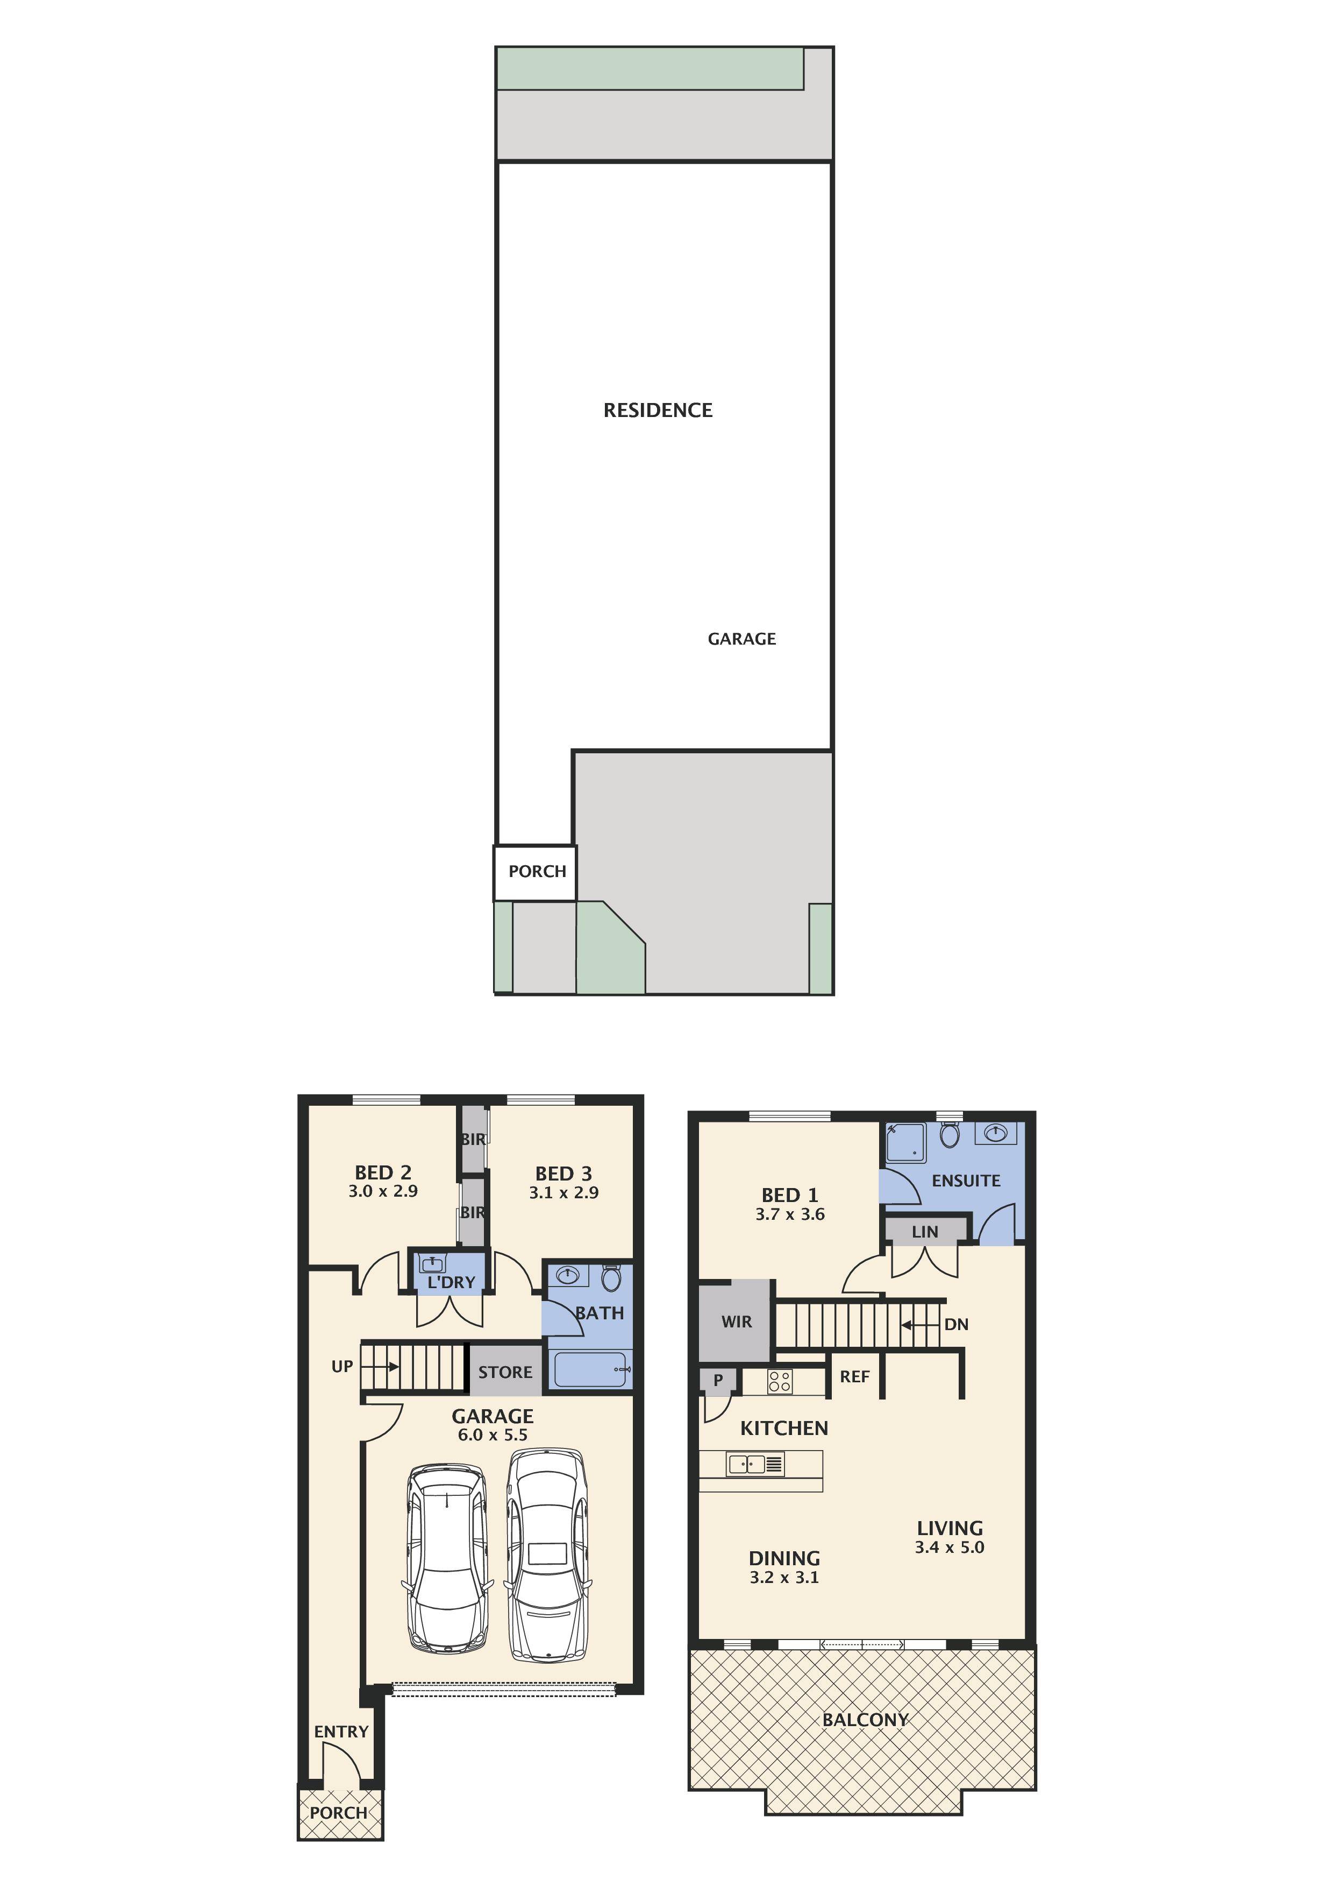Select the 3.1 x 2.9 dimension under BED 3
pyautogui.click(x=563, y=1192)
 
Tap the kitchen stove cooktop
pyautogui.click(x=780, y=1382)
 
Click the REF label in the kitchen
pyautogui.click(x=854, y=1376)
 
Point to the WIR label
pyautogui.click(x=736, y=1321)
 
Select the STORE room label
pyautogui.click(x=505, y=1372)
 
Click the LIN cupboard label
pyautogui.click(x=924, y=1232)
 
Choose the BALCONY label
pyautogui.click(x=865, y=1719)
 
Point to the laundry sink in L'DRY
pyautogui.click(x=433, y=1264)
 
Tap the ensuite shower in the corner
pyautogui.click(x=905, y=1142)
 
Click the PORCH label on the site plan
pyautogui.click(x=537, y=871)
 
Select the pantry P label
pyautogui.click(x=718, y=1380)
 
